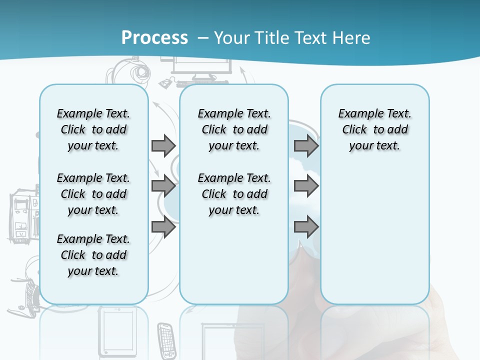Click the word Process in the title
pyautogui.click(x=154, y=38)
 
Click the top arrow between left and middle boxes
pyautogui.click(x=163, y=145)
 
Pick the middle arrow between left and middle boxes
pyautogui.click(x=163, y=186)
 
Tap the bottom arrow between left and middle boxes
pyautogui.click(x=163, y=227)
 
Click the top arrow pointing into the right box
pyautogui.click(x=306, y=145)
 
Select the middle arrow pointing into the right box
pyautogui.click(x=306, y=186)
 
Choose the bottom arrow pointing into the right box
pyautogui.click(x=306, y=227)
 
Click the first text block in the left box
pyautogui.click(x=93, y=129)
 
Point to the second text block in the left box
pyautogui.click(x=93, y=194)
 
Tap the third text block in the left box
pyautogui.click(x=93, y=255)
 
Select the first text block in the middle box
pyautogui.click(x=234, y=129)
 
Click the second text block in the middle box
pyautogui.click(x=234, y=194)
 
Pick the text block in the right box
pyautogui.click(x=374, y=129)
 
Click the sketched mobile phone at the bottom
pyautogui.click(x=166, y=339)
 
